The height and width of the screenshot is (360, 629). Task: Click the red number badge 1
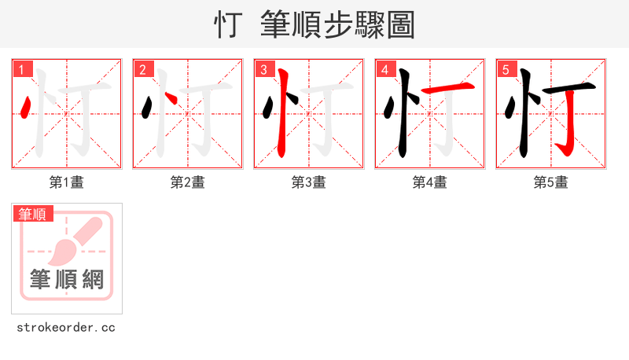click(21, 69)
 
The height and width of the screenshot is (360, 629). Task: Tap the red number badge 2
click(142, 69)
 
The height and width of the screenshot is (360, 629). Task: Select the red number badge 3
click(263, 69)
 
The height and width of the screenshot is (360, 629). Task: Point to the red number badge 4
click(384, 69)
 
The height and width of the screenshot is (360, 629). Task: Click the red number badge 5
click(506, 69)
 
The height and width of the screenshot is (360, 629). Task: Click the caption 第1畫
click(67, 182)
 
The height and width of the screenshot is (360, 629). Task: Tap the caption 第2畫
click(188, 182)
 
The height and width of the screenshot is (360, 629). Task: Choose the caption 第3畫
click(309, 182)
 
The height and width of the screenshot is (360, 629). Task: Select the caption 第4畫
click(430, 182)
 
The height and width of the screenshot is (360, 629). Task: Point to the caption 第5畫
click(551, 182)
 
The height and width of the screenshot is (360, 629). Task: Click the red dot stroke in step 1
click(28, 107)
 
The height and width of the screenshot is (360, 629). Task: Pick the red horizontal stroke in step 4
click(449, 88)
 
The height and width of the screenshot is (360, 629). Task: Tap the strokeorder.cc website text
click(66, 327)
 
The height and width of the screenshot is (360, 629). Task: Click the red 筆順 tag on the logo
click(33, 214)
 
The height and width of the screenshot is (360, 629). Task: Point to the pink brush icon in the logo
click(77, 239)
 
